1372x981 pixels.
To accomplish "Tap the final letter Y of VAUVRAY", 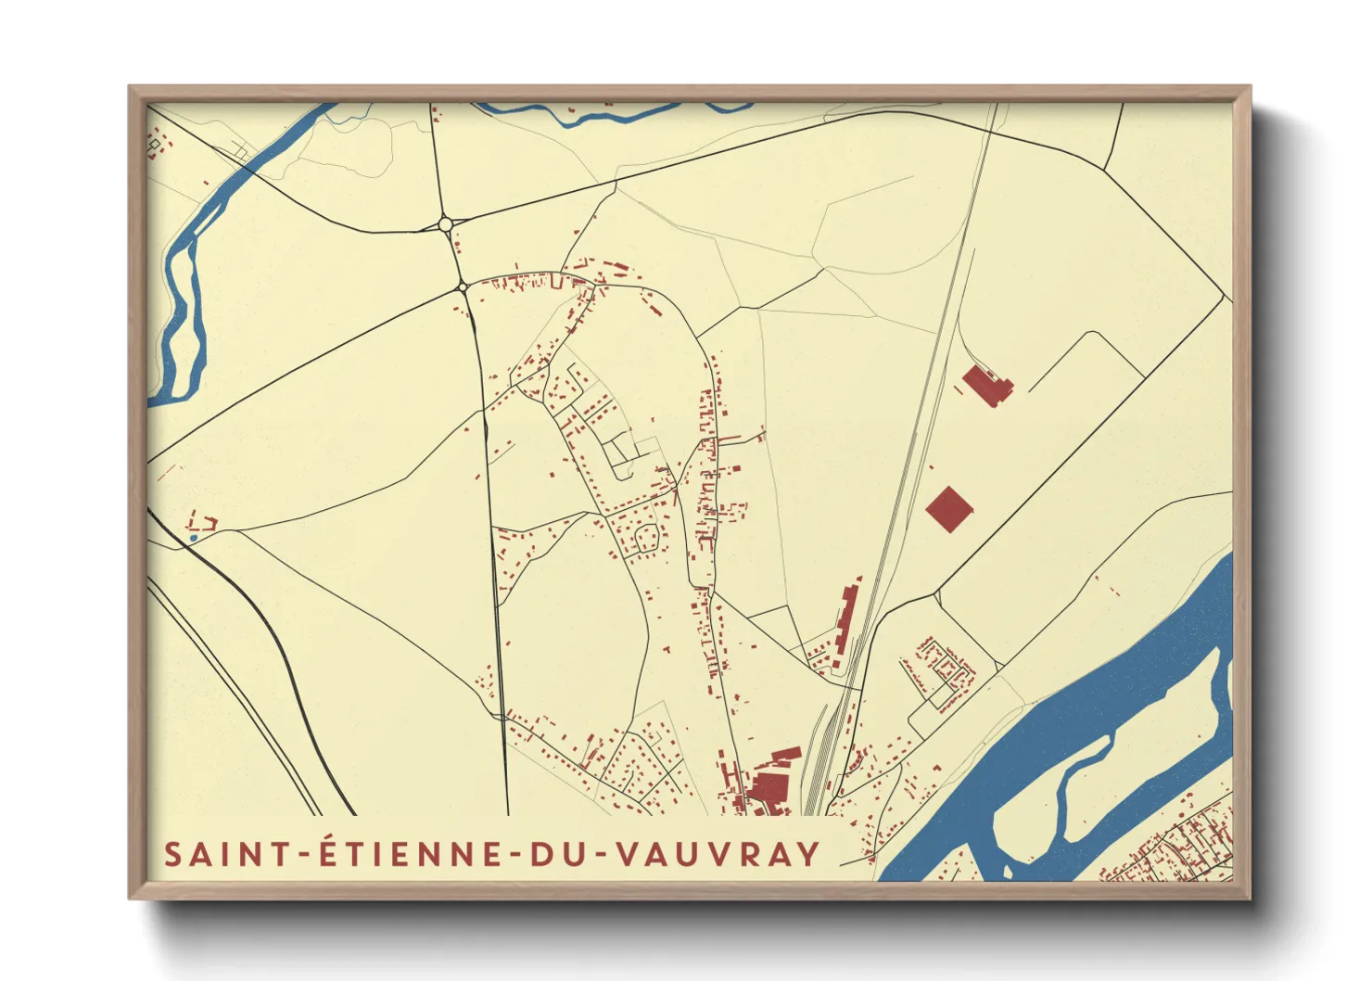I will [x=808, y=854].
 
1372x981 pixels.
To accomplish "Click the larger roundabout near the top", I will [x=445, y=223].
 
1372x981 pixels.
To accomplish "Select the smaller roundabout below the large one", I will [x=463, y=287].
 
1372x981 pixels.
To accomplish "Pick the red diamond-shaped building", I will [x=949, y=509].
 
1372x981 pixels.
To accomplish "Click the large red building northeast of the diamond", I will [x=986, y=385].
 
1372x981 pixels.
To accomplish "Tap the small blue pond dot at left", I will [x=193, y=538].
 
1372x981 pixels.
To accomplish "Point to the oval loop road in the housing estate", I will [x=647, y=535].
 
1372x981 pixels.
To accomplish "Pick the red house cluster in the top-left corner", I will [x=158, y=145].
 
